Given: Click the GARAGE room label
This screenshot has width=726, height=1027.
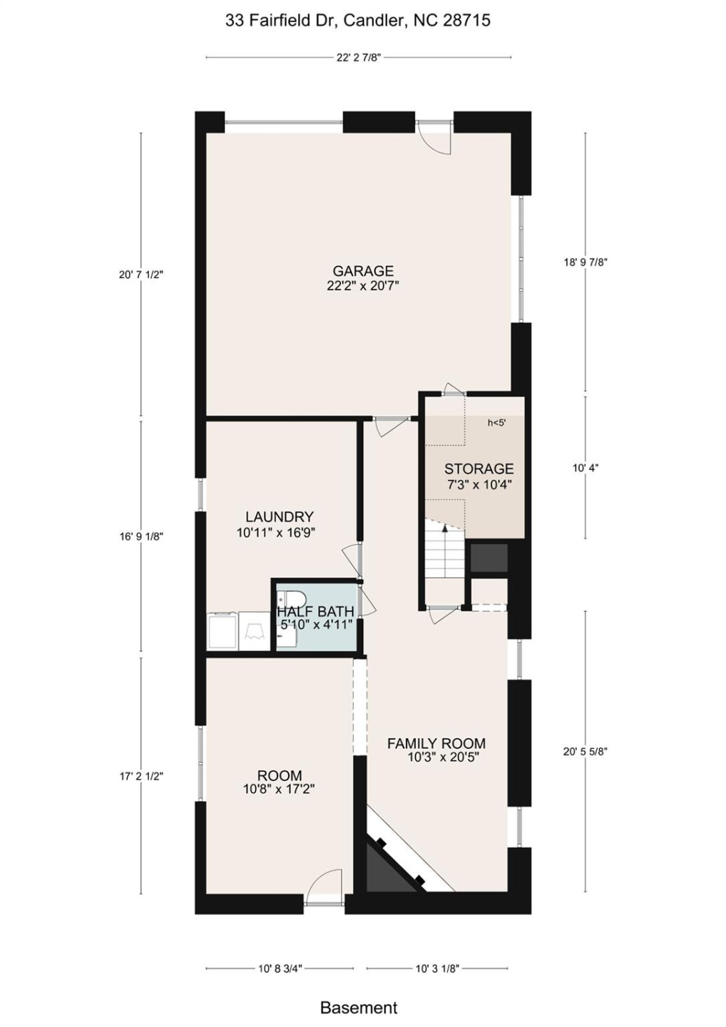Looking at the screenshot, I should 363,271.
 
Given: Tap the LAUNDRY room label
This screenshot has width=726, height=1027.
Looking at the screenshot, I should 279,517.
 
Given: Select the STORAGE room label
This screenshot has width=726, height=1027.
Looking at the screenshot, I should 479,469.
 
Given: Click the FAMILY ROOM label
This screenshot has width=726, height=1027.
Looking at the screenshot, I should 436,743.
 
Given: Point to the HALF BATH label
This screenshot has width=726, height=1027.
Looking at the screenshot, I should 315,612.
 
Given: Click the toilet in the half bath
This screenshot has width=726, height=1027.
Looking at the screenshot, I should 293,598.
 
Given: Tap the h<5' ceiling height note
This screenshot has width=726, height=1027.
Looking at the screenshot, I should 496,423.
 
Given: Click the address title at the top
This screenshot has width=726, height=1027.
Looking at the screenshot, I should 358,21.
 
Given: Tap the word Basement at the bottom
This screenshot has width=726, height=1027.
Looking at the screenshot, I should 359,1008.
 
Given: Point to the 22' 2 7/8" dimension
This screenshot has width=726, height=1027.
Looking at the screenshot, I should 359,58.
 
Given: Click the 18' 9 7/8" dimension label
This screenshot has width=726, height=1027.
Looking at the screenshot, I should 586,262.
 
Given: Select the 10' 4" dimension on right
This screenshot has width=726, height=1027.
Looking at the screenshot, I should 586,468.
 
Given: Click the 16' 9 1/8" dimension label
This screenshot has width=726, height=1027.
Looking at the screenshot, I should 141,536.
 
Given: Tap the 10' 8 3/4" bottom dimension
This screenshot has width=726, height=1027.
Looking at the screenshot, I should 280,969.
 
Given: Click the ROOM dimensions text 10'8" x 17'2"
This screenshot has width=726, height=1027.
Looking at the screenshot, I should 279,789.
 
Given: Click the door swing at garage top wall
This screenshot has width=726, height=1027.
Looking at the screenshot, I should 435,137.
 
